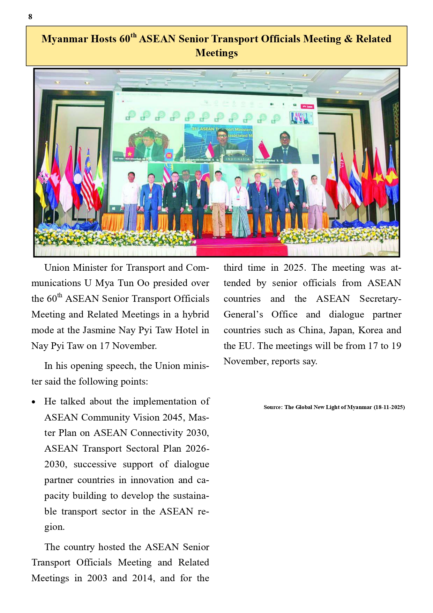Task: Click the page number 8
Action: (30, 17)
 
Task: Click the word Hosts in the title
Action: (103, 39)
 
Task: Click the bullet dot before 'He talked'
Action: (33, 402)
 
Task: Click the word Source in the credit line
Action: (273, 407)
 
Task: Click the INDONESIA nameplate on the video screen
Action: (238, 159)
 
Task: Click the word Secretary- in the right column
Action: (380, 299)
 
